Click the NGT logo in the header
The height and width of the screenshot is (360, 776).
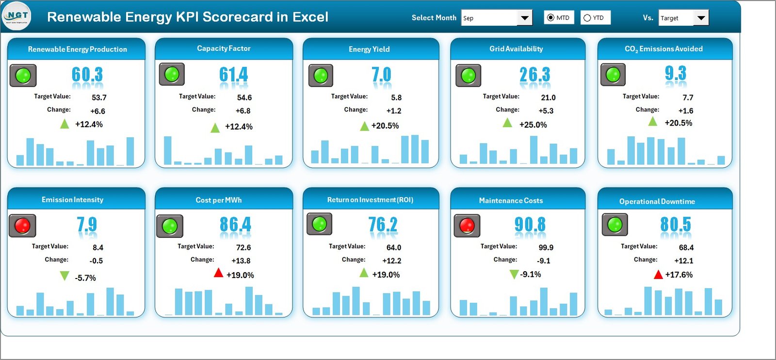click(17, 16)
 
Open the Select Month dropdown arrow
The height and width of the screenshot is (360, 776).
click(524, 18)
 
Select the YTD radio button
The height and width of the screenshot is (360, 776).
click(587, 18)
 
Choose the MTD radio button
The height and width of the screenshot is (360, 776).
click(550, 18)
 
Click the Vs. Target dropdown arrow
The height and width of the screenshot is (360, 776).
click(701, 18)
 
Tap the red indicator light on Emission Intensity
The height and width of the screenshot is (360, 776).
click(22, 226)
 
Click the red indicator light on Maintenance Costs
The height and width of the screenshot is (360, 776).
click(467, 226)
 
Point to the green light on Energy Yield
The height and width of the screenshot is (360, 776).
click(321, 76)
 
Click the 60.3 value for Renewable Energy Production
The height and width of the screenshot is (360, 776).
click(87, 75)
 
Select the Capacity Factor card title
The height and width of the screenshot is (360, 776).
click(224, 49)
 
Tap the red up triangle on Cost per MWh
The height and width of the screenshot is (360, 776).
click(218, 273)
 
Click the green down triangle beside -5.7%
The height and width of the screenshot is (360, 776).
click(64, 276)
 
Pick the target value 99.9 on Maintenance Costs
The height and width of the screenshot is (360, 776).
click(546, 247)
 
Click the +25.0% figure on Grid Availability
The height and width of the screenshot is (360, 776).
click(533, 125)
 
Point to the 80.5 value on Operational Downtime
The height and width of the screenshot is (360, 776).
click(675, 225)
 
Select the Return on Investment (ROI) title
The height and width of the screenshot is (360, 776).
click(370, 200)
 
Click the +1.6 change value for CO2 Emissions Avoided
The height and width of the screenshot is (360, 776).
click(686, 111)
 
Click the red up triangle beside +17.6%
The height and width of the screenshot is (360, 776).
click(658, 275)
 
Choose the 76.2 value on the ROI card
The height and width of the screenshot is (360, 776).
click(383, 225)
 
